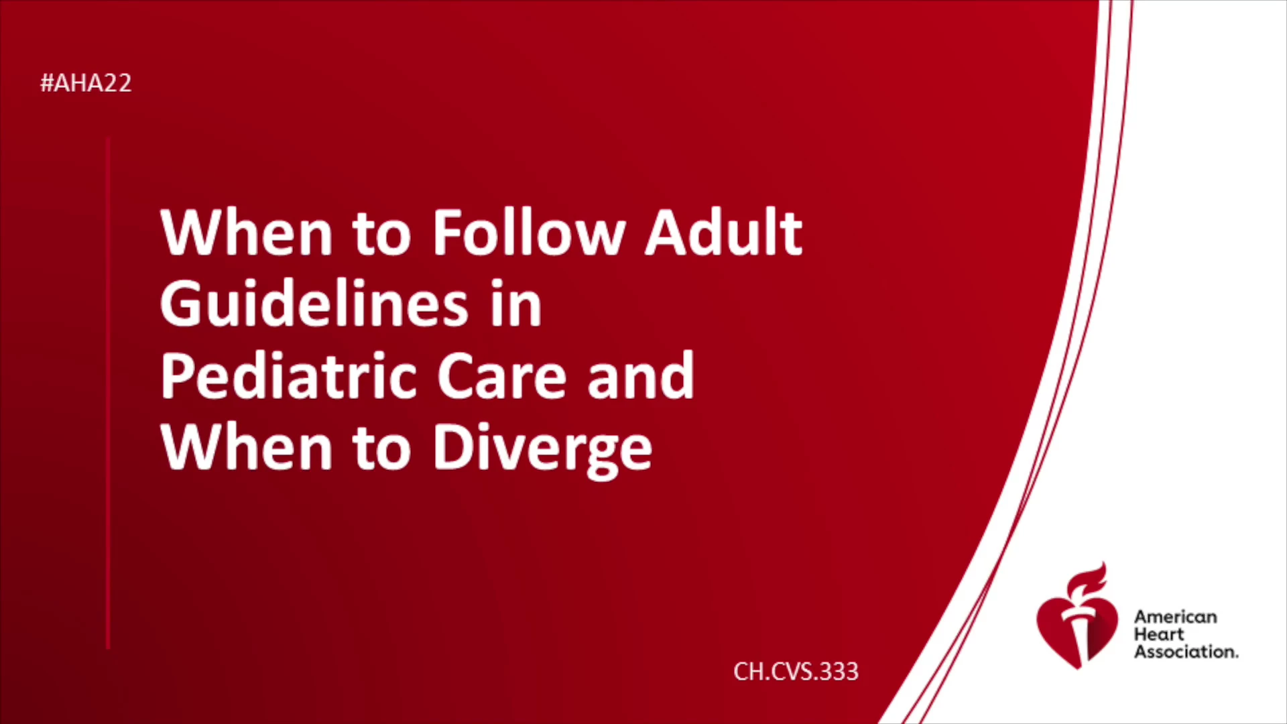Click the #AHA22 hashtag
point(86,83)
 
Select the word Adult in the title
point(723,232)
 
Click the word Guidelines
point(314,304)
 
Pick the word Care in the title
point(502,377)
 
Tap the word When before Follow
point(247,232)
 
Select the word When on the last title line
point(247,447)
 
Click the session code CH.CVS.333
point(796,671)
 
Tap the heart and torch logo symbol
point(1077,617)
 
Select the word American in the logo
point(1175,617)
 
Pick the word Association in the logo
point(1186,652)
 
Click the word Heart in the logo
point(1159,634)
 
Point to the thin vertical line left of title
point(108,394)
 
